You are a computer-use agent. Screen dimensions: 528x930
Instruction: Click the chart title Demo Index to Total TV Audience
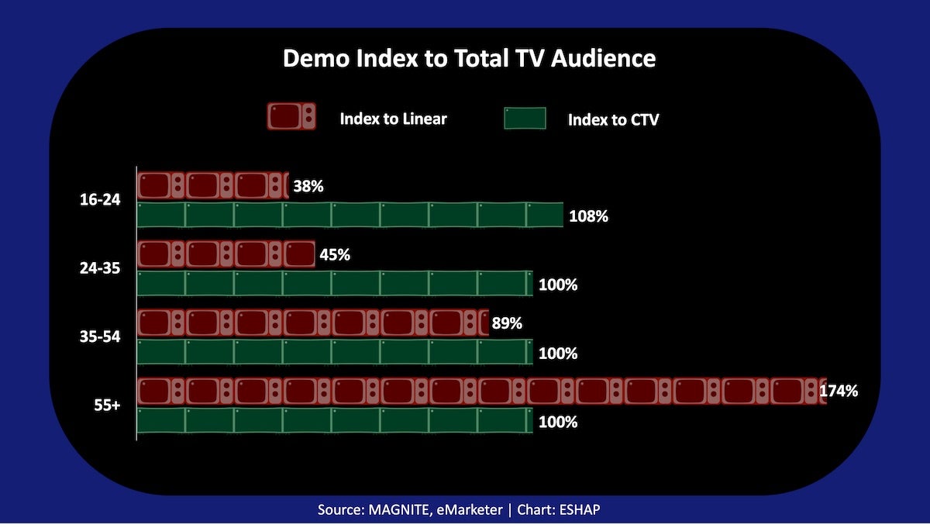coord(469,59)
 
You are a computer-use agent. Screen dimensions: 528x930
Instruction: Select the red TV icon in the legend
coord(291,117)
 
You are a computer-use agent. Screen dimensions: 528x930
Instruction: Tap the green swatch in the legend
coord(525,119)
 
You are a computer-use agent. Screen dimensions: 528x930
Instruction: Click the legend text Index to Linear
coord(393,119)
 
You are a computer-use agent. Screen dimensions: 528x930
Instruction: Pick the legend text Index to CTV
coord(613,119)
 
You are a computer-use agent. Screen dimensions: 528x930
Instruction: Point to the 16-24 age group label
coord(100,200)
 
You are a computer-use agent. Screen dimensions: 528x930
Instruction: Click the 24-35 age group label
coord(100,269)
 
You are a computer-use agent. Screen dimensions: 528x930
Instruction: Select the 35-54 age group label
coord(100,338)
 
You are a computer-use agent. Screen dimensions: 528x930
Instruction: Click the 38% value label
coord(308,186)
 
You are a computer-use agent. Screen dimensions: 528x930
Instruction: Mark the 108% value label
coord(589,216)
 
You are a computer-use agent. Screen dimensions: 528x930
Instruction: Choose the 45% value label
coord(334,254)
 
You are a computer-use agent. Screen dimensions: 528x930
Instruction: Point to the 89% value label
coord(508,323)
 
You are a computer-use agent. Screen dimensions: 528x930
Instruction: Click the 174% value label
coord(839,392)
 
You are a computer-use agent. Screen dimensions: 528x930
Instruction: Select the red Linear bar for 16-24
coord(212,186)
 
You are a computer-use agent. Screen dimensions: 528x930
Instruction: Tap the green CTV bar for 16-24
coord(350,215)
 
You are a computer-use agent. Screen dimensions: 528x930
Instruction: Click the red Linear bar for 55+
coord(481,392)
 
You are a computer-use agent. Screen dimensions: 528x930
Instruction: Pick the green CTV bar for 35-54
coord(335,353)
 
